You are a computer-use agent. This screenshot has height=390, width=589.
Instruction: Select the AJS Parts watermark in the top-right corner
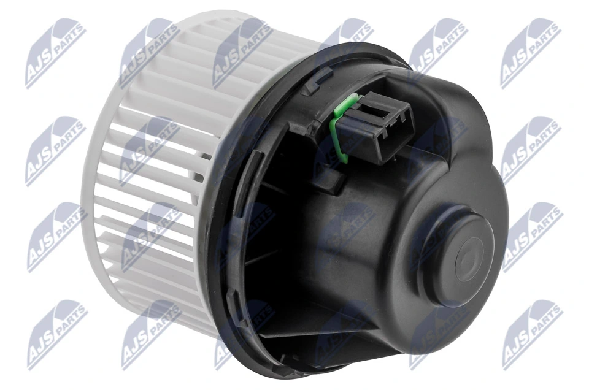(x=530, y=52)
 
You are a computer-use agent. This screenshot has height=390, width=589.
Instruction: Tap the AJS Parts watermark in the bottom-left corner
(x=55, y=334)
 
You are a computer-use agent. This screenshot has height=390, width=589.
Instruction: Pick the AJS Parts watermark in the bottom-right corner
(x=530, y=334)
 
